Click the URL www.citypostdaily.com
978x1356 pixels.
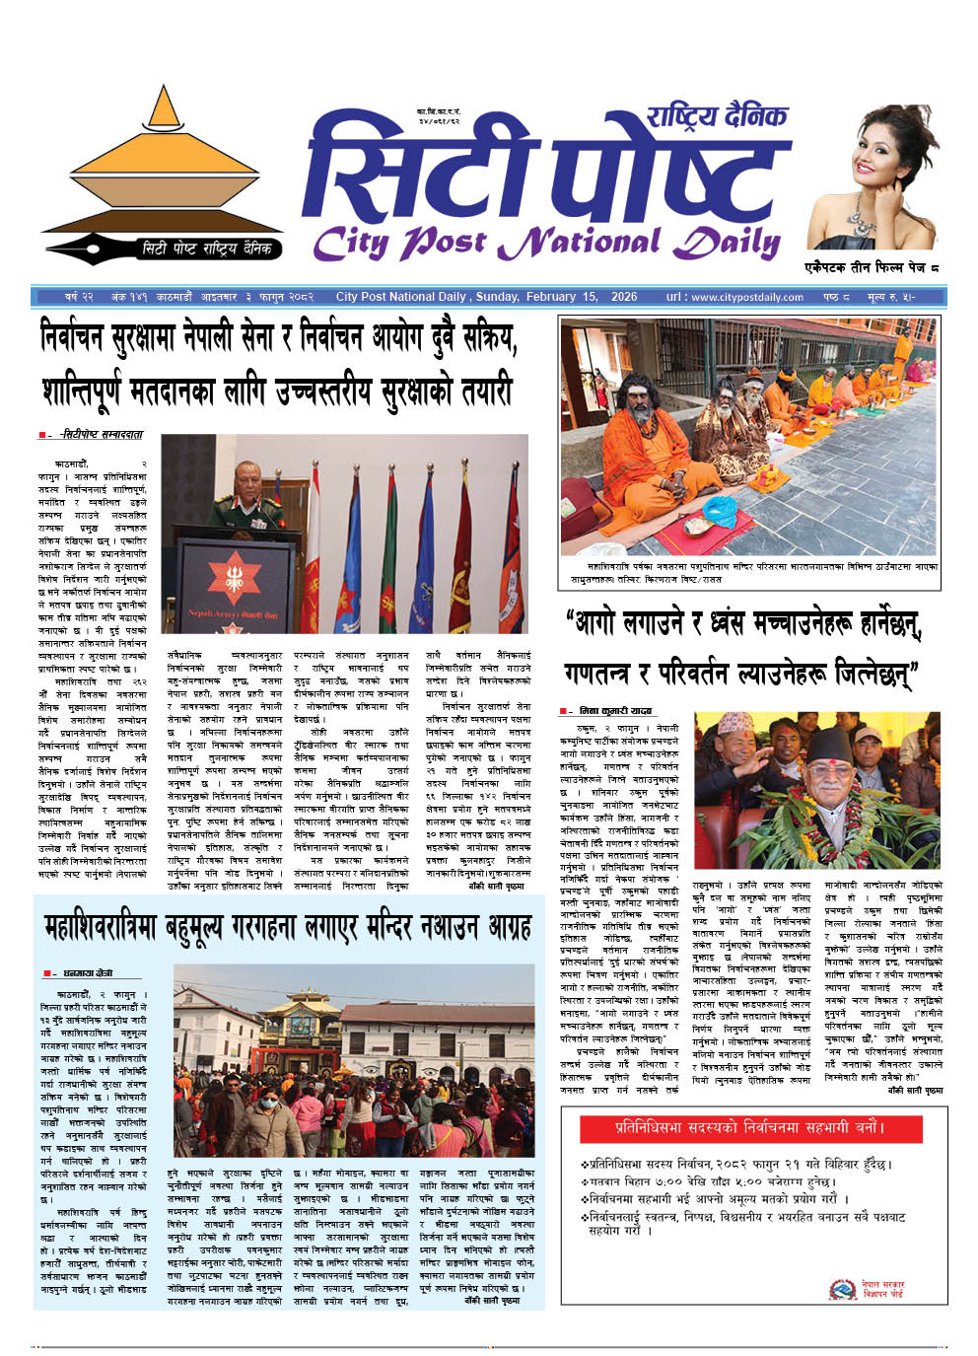746,297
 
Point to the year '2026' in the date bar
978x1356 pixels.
624,297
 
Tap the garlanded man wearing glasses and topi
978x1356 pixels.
828,778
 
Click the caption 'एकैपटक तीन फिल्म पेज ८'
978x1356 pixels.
871,267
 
